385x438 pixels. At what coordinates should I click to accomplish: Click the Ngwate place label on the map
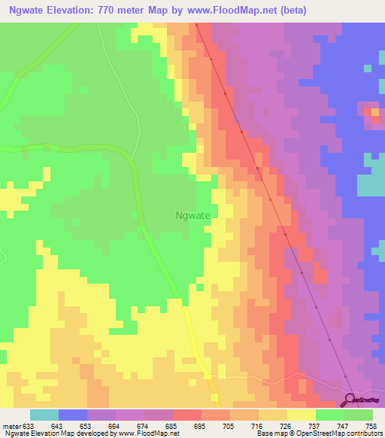tap(192, 214)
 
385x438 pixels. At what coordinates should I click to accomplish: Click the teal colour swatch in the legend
tap(44, 415)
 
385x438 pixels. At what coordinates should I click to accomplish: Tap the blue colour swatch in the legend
tap(73, 415)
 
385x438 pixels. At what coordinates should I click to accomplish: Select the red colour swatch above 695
tap(187, 415)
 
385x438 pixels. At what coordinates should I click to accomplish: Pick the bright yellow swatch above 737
tap(302, 415)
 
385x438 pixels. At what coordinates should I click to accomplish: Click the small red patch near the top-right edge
tap(374, 113)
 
